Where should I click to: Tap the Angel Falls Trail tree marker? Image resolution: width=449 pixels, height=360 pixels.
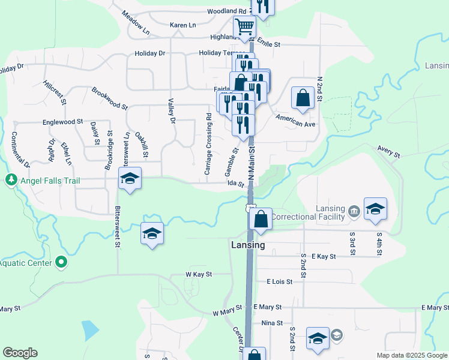11,180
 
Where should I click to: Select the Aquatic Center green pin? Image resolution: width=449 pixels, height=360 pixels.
60,262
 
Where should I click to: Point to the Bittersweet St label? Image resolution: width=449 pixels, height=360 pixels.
118,228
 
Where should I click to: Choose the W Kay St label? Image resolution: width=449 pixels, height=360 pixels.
199,274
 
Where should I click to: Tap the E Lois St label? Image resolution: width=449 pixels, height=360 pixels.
279,281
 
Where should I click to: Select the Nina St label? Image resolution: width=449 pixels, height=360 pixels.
272,323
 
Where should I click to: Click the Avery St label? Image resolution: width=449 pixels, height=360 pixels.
389,151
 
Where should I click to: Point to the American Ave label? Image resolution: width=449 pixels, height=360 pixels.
295,119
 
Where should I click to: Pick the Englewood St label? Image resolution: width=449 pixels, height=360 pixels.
62,122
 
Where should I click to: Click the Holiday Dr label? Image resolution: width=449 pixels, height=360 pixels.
149,53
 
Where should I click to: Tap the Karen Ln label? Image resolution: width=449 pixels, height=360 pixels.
183,25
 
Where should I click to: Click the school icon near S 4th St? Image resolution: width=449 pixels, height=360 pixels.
375,209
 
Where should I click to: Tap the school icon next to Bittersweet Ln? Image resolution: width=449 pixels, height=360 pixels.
130,178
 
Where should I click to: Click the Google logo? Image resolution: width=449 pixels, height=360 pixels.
20,353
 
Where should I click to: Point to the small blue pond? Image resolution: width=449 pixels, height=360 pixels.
90,329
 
